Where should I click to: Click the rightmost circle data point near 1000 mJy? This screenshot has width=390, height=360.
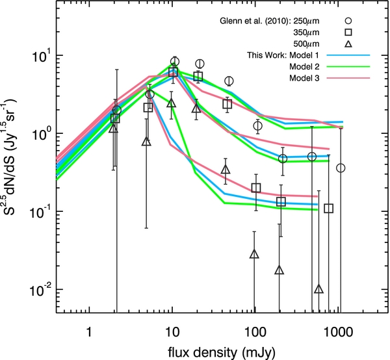coord(341,168)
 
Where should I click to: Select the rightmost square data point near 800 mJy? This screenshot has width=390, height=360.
coord(329,209)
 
